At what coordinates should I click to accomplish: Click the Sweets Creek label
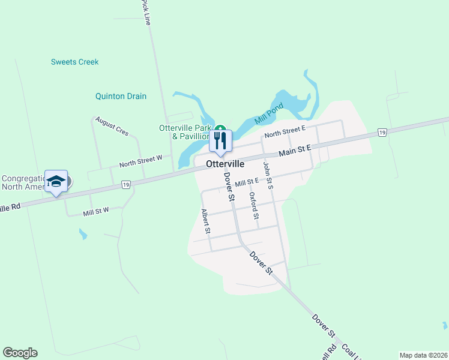[74, 62]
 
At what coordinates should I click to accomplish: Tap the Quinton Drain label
[121, 96]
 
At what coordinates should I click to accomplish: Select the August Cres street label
[112, 127]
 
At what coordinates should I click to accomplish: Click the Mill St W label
[96, 211]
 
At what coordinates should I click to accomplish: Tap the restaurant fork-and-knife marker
[220, 141]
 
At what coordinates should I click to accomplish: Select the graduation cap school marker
[56, 181]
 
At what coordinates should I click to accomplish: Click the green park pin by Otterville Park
[220, 128]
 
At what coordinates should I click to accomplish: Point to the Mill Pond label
[268, 113]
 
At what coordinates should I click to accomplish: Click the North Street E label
[285, 131]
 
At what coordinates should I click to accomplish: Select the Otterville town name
[224, 163]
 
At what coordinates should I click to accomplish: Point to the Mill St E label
[247, 181]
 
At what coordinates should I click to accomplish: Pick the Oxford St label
[254, 205]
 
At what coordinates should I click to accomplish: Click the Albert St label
[206, 221]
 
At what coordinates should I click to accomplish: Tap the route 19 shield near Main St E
[381, 132]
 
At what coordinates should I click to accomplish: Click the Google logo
[20, 353]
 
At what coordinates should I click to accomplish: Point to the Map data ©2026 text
[423, 355]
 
